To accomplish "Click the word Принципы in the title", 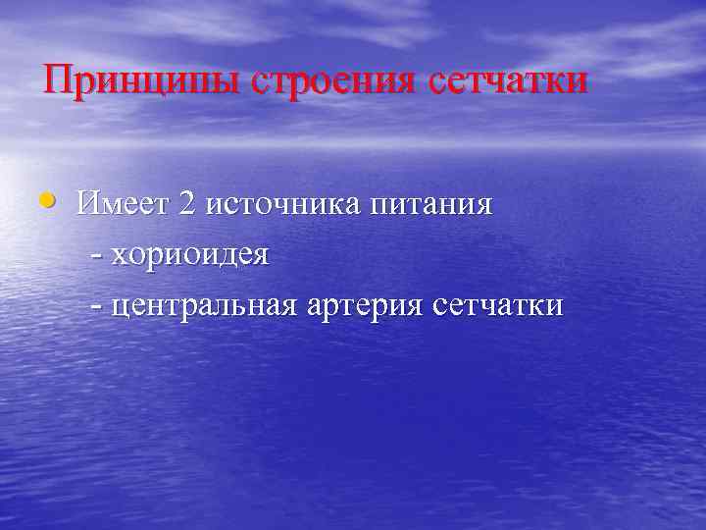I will [141, 79].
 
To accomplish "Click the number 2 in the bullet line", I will [187, 205].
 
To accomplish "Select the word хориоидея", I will [189, 255].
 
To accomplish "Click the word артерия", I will [364, 305].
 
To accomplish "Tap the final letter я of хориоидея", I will [259, 257].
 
